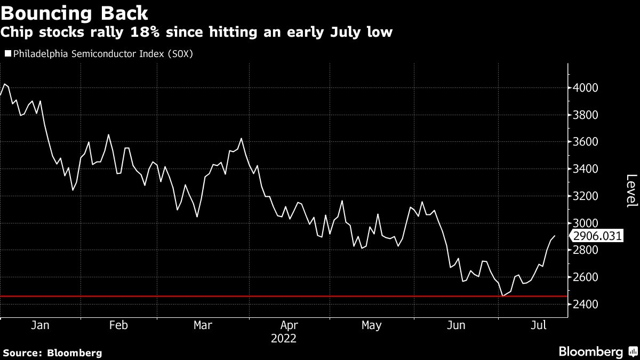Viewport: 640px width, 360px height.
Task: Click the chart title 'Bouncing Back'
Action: point(75,12)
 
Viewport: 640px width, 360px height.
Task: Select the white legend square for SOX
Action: point(8,53)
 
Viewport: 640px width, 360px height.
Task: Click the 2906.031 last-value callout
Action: point(596,236)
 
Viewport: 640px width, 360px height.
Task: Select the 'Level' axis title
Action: point(631,190)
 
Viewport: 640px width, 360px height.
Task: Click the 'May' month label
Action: point(371,325)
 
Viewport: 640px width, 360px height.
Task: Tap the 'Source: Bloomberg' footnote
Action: point(52,353)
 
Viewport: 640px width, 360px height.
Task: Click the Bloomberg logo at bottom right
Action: point(597,351)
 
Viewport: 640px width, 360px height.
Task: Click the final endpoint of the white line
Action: point(554,236)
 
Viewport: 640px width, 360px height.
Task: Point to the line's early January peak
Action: point(4,84)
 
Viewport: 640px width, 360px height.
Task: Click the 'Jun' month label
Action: point(456,325)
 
